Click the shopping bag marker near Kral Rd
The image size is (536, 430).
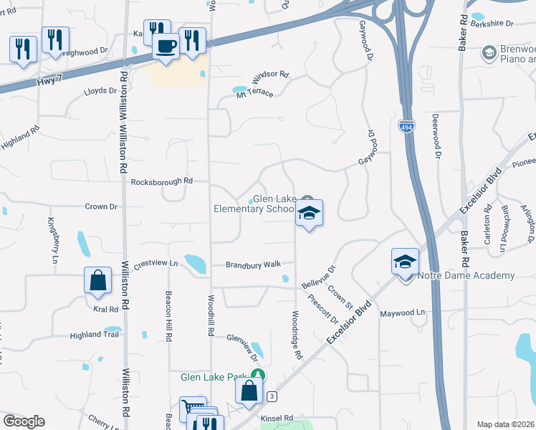tap(97, 281)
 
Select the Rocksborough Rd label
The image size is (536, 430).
tap(162, 182)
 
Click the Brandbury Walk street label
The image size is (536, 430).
tap(253, 264)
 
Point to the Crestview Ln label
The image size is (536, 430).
tap(150, 264)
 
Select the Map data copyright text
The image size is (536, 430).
tap(504, 424)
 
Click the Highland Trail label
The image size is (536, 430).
tap(92, 335)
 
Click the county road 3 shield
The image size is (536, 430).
tap(271, 396)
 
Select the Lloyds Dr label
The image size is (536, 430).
tap(100, 91)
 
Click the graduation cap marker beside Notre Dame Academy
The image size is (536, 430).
tap(405, 262)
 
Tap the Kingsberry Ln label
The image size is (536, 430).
tap(52, 240)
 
